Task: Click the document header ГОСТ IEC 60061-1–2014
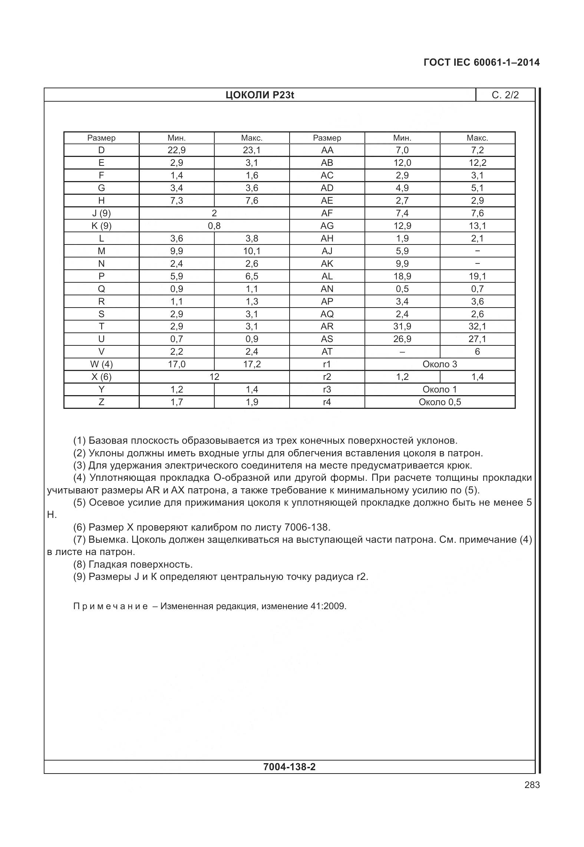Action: pos(481,62)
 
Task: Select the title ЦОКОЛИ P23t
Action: pos(260,95)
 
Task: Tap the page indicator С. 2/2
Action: pos(505,95)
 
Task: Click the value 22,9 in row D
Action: pos(176,150)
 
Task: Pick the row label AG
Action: pos(327,226)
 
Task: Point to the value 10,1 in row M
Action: pos(252,251)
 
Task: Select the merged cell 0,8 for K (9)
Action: pos(214,226)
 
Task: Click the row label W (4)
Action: pos(101,364)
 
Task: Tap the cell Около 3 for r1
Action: pos(440,364)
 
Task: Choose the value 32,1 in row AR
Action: pos(477,326)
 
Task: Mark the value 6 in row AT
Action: pos(477,352)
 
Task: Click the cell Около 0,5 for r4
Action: pos(440,402)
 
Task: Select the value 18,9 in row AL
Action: pos(402,276)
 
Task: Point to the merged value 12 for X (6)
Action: pos(214,377)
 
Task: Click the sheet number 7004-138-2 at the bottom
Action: pos(289,767)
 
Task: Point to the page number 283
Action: pos(532,785)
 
